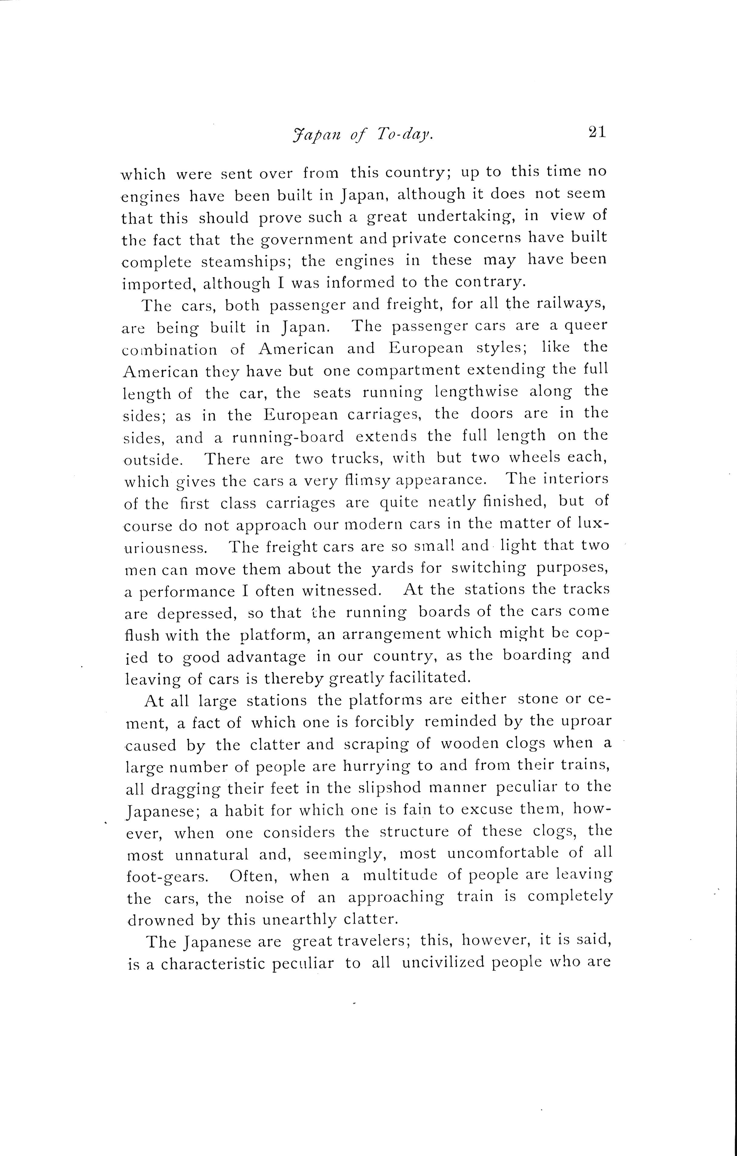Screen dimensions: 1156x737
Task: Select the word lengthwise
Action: click(x=476, y=392)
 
